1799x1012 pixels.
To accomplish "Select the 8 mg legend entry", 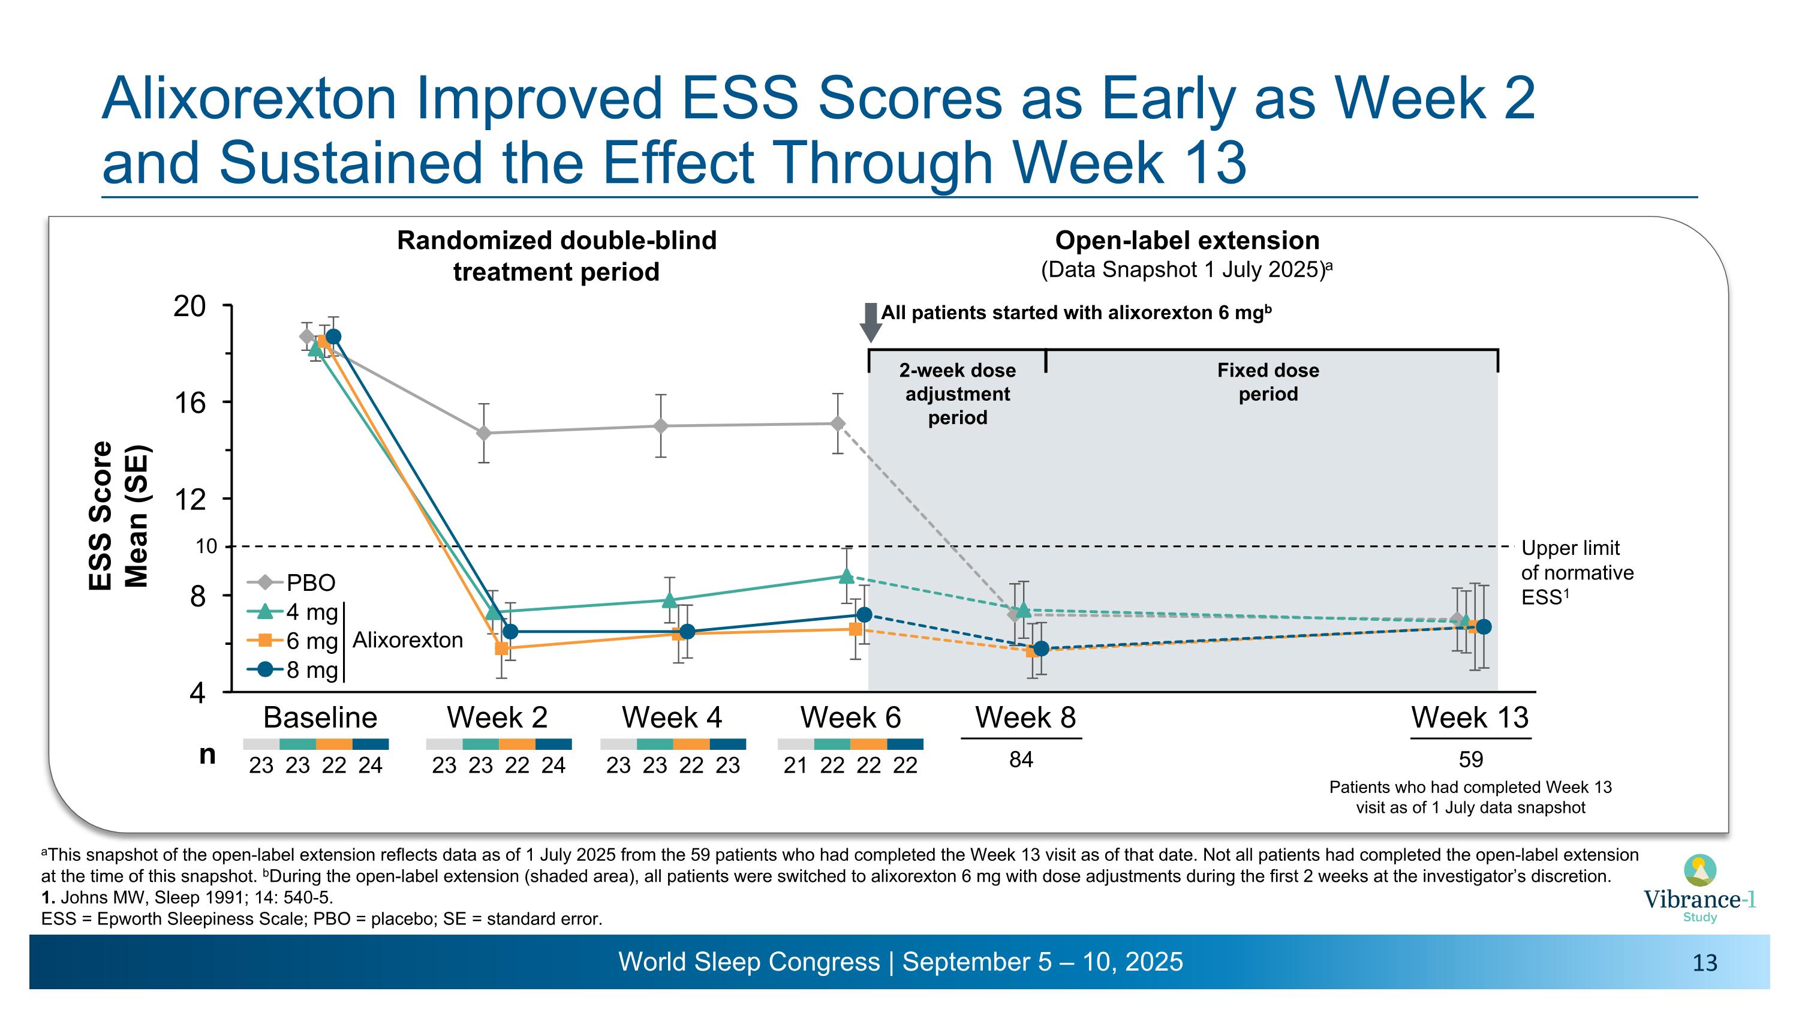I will [x=293, y=670].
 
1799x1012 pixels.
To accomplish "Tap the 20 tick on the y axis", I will [x=189, y=306].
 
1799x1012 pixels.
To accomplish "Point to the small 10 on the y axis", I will [x=206, y=546].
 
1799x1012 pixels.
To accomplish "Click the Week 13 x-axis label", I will [x=1469, y=717].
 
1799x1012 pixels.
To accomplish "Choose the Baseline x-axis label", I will [x=320, y=717].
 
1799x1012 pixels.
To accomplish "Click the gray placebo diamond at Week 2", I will [x=483, y=433].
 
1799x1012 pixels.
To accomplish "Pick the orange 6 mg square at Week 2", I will [x=501, y=648].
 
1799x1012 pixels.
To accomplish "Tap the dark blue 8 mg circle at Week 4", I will [x=687, y=631].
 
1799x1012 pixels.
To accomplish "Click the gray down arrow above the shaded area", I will [x=870, y=322].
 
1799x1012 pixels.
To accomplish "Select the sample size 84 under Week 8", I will [x=1021, y=760].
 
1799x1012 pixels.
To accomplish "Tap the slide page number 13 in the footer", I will [x=1705, y=963].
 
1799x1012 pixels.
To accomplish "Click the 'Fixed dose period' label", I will [x=1268, y=382].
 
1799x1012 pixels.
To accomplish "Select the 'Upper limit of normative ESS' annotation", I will [x=1576, y=573].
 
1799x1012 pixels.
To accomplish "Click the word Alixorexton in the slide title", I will [x=249, y=99].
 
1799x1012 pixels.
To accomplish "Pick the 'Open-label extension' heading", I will [x=1187, y=241].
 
